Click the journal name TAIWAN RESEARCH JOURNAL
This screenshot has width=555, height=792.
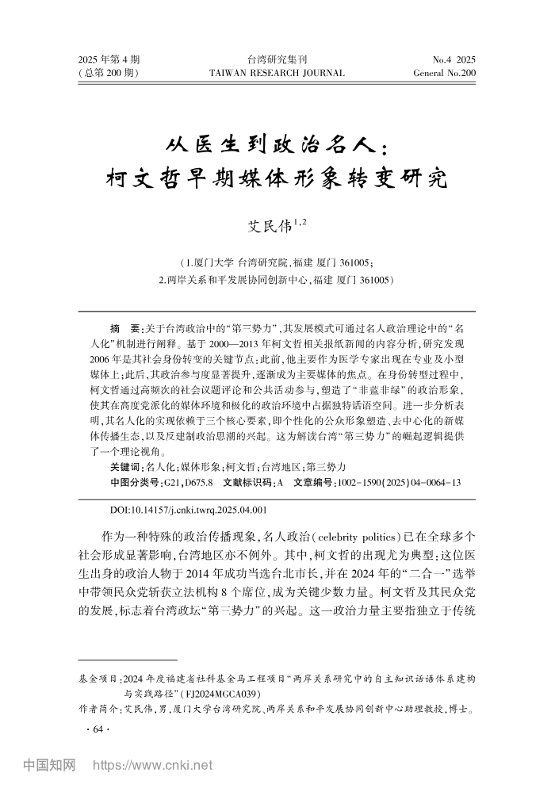pyautogui.click(x=277, y=73)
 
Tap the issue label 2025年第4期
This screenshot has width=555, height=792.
pyautogui.click(x=109, y=59)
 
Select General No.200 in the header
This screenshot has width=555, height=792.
pyautogui.click(x=444, y=73)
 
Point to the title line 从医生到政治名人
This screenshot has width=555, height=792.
pyautogui.click(x=277, y=145)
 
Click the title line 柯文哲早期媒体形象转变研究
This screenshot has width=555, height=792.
pyautogui.click(x=277, y=179)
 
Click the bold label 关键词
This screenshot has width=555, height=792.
pyautogui.click(x=124, y=467)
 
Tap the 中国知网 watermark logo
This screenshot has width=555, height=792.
pyautogui.click(x=48, y=766)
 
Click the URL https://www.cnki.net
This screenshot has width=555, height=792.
pyautogui.click(x=154, y=766)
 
